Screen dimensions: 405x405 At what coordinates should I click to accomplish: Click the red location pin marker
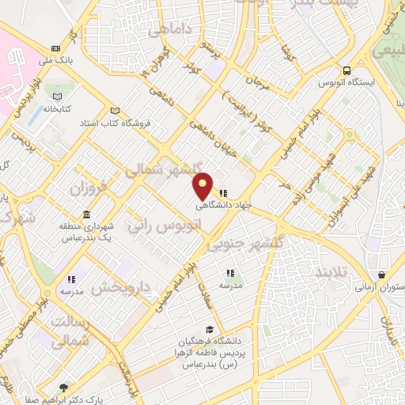(203, 185)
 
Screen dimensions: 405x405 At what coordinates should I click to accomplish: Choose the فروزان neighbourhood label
(87, 188)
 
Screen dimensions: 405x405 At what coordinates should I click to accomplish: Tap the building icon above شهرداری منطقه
(85, 215)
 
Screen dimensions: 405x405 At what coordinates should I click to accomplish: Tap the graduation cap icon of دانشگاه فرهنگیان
(209, 329)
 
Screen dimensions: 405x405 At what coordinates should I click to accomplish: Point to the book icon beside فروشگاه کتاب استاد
(115, 110)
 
